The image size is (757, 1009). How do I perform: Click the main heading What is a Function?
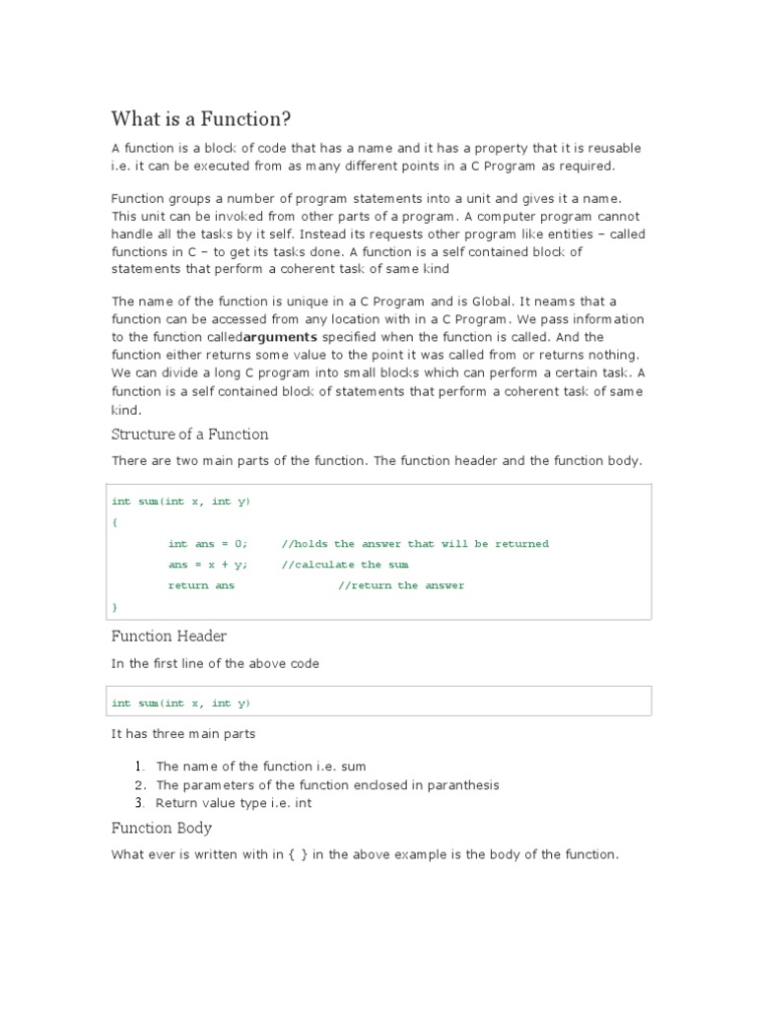pos(201,120)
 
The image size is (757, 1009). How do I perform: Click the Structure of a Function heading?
pos(189,435)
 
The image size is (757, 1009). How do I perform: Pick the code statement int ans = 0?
pos(208,544)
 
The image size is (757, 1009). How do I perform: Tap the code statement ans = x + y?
pos(208,565)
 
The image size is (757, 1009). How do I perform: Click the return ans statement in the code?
pos(201,585)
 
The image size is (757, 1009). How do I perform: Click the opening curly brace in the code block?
pos(114,523)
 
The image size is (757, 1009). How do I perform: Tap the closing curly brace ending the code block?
pos(114,606)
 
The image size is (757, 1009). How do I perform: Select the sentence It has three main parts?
pos(183,733)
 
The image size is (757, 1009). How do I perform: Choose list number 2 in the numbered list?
pos(140,785)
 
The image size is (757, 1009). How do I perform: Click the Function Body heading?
pos(161,828)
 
